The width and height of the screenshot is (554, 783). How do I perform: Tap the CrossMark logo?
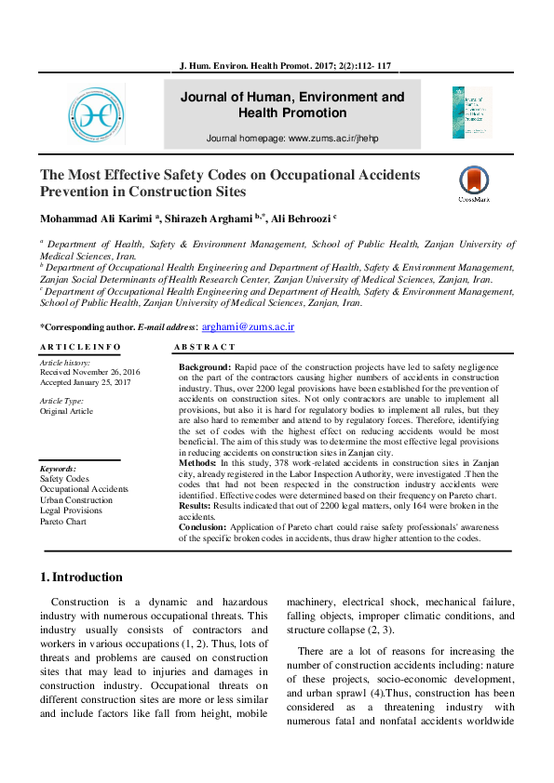pyautogui.click(x=474, y=183)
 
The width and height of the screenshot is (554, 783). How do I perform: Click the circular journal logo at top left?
pyautogui.click(x=96, y=113)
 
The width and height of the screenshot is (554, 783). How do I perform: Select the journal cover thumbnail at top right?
pyautogui.click(x=472, y=113)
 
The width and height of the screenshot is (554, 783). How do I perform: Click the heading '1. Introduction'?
pyautogui.click(x=82, y=577)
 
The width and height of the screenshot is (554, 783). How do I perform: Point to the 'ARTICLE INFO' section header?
pyautogui.click(x=80, y=347)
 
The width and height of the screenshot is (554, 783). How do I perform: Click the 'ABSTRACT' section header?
pyautogui.click(x=205, y=347)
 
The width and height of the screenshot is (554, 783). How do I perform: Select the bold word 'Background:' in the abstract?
pyautogui.click(x=204, y=368)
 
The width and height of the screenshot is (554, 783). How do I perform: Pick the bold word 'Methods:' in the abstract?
pyautogui.click(x=197, y=462)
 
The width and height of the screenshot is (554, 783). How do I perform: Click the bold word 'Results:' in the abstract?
pyautogui.click(x=196, y=507)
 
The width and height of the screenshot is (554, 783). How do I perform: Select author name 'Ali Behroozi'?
pyautogui.click(x=295, y=219)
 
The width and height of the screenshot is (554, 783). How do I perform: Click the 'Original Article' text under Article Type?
pyautogui.click(x=66, y=411)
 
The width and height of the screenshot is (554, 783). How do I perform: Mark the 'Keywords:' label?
pyautogui.click(x=59, y=470)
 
